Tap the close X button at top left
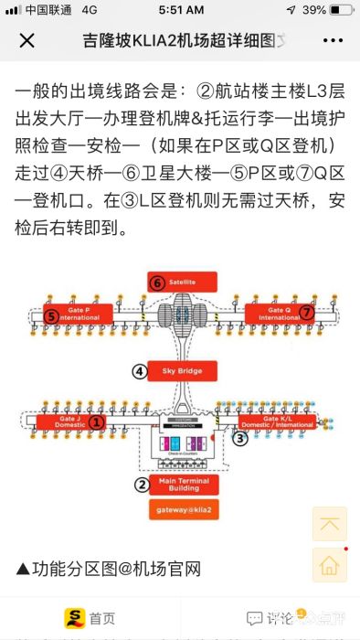coord(27,41)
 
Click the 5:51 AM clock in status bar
coord(180,9)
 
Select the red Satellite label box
coord(183,281)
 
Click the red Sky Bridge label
coord(183,370)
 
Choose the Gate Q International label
coord(279,313)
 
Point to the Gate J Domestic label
coord(69,421)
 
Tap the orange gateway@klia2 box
coord(183,509)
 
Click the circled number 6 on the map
coord(157,283)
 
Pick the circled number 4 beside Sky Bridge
coord(140,371)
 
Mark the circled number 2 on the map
coord(142,485)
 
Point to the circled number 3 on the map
coord(239,438)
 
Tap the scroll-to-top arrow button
coord(329,524)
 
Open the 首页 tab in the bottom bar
coord(90,619)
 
